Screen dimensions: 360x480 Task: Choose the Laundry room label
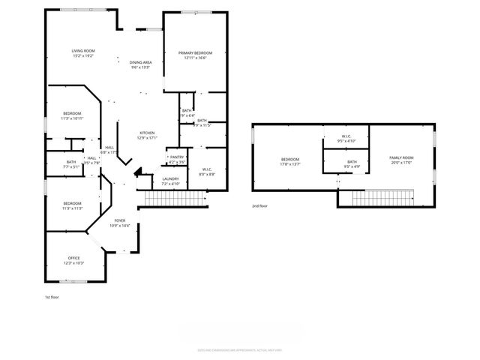click(x=170, y=180)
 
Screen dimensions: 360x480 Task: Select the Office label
click(x=73, y=260)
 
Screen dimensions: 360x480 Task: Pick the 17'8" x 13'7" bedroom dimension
click(x=289, y=163)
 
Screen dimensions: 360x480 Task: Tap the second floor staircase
click(x=386, y=198)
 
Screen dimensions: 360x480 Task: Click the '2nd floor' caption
click(x=260, y=205)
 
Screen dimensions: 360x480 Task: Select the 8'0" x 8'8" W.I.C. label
click(x=207, y=172)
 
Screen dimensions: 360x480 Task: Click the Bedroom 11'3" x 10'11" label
click(x=72, y=115)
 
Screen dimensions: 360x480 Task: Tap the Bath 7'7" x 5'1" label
click(x=70, y=163)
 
